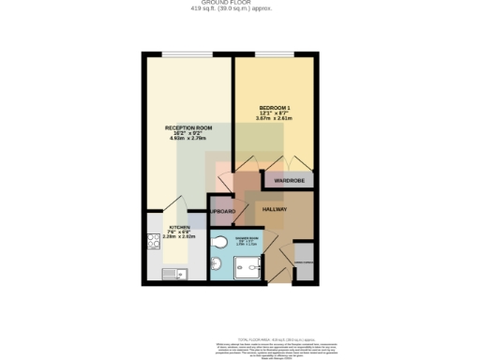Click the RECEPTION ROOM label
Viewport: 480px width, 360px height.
click(188, 127)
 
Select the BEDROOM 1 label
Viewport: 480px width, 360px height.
click(275, 109)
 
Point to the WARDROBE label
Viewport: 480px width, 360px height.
click(290, 179)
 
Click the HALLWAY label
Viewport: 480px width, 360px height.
click(274, 209)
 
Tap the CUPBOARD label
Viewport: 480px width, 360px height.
click(221, 213)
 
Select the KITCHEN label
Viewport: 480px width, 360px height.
click(179, 228)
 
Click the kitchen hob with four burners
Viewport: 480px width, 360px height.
click(153, 242)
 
